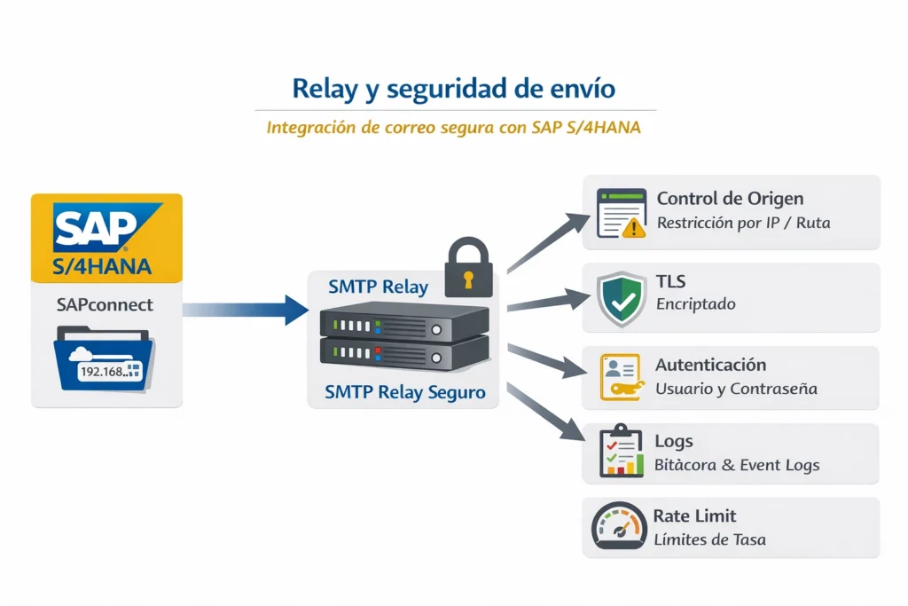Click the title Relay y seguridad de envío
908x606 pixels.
point(453,89)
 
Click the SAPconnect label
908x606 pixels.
point(105,305)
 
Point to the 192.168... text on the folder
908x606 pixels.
point(105,372)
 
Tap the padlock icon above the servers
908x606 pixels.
point(466,266)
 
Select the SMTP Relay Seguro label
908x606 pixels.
point(404,391)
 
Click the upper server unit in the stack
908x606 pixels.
point(404,323)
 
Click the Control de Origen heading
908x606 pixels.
point(730,199)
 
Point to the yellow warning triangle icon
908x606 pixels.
point(633,228)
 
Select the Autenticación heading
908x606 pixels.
point(710,365)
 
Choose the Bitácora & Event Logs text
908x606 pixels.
point(736,465)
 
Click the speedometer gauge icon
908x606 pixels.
point(618,527)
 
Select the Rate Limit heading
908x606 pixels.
point(694,515)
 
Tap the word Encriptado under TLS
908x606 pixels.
point(696,304)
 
